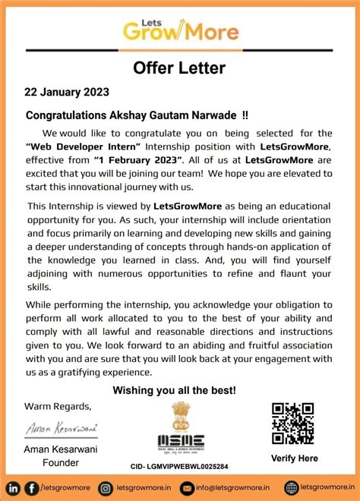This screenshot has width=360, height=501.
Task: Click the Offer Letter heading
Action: (179, 68)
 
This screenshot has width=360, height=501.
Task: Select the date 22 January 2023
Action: (68, 92)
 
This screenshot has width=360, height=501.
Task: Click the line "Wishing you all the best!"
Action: (175, 390)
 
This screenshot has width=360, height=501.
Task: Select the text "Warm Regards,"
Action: (58, 405)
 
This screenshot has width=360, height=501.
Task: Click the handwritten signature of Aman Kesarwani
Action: (62, 429)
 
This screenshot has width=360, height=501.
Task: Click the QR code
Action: (292, 424)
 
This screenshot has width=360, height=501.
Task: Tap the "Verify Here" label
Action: (295, 458)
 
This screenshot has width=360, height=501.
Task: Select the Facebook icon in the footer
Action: (31, 488)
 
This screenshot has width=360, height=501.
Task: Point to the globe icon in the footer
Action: (291, 488)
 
